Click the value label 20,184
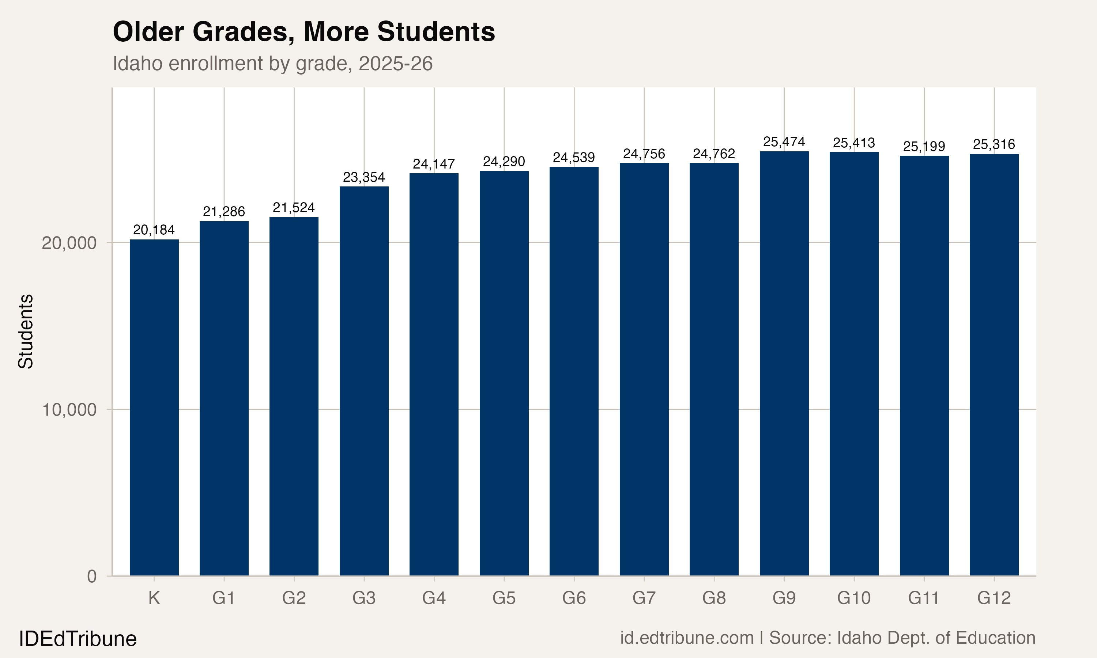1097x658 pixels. tap(154, 230)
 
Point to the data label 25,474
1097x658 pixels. tap(784, 142)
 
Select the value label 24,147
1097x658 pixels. tap(434, 164)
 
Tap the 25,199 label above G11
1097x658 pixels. tap(924, 146)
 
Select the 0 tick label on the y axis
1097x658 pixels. tap(92, 576)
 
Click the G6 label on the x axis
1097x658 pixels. tap(574, 598)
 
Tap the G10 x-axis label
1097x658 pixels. tap(853, 598)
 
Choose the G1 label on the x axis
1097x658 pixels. tap(223, 598)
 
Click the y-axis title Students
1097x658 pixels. tap(26, 331)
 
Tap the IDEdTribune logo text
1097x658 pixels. tap(78, 639)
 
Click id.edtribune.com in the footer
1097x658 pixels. tap(686, 638)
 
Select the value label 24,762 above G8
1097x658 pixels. tap(714, 154)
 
